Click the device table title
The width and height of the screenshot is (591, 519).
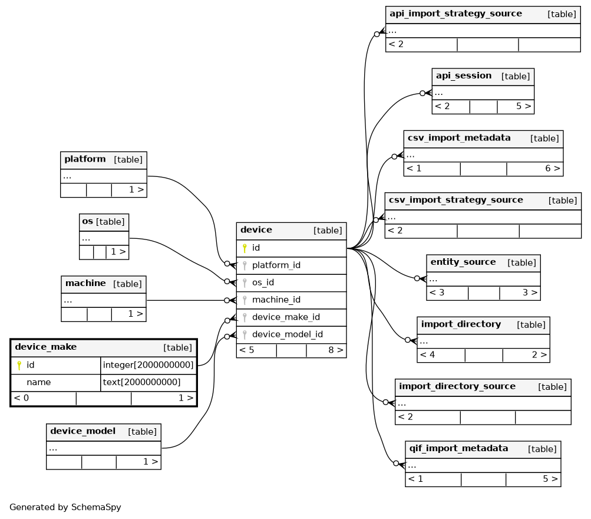tap(256, 229)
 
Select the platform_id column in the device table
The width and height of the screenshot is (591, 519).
tap(276, 265)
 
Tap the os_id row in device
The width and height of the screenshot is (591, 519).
tap(263, 283)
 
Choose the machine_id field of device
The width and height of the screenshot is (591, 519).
tap(276, 300)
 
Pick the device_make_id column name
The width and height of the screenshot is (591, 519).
tap(286, 317)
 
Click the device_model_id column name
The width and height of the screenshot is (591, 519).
tap(288, 334)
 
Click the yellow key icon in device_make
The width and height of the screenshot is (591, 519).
tap(19, 365)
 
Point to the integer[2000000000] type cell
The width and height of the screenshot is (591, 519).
tap(148, 365)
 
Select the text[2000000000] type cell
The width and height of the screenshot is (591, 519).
tap(142, 382)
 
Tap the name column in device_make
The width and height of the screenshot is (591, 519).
tap(39, 382)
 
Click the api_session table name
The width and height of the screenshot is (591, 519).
tap(464, 75)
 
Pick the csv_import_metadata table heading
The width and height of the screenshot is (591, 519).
tap(459, 137)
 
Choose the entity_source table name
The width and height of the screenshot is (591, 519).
tap(463, 262)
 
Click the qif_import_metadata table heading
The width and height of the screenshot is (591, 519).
tap(458, 448)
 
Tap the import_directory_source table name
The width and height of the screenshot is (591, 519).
tap(457, 386)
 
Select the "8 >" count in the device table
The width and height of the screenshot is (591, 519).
tap(336, 350)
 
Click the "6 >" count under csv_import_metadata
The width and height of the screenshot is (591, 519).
tap(553, 168)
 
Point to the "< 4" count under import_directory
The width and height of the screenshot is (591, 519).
tap(427, 355)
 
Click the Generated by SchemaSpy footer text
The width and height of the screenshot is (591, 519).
tap(65, 507)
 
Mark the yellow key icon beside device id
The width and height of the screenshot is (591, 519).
tap(245, 248)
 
